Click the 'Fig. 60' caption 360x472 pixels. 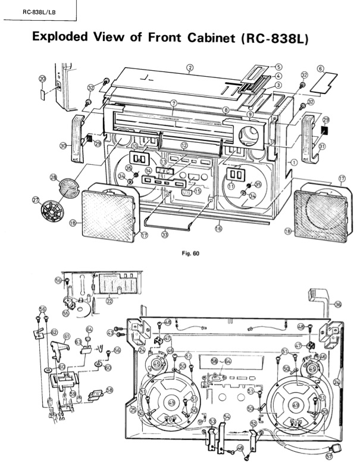pos(190,253)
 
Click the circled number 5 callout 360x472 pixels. pos(277,67)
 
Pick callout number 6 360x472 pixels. pos(320,69)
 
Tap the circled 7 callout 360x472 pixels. pos(173,103)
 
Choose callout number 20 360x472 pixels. pos(42,79)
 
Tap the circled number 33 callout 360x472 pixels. pos(164,234)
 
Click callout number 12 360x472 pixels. pos(184,145)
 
